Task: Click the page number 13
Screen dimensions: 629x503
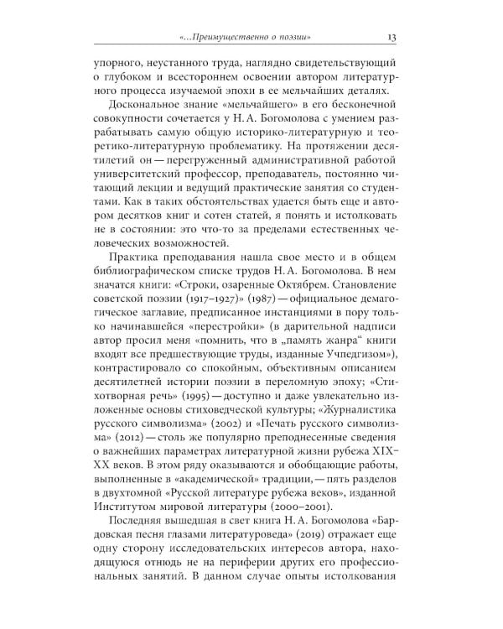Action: pyautogui.click(x=392, y=37)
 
